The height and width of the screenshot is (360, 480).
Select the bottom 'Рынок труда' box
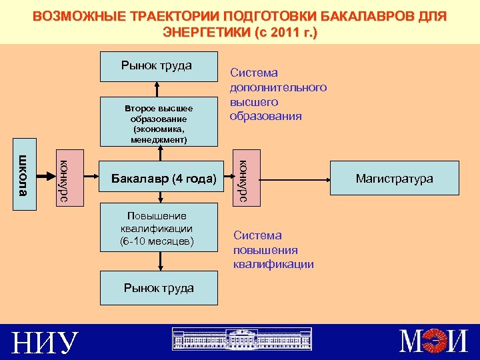pyautogui.click(x=159, y=288)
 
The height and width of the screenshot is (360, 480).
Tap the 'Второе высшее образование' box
pyautogui.click(x=159, y=123)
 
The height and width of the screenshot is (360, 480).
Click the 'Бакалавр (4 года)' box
pyautogui.click(x=163, y=179)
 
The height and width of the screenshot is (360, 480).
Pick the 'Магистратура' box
pyautogui.click(x=394, y=178)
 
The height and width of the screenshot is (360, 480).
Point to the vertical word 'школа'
pyautogui.click(x=24, y=175)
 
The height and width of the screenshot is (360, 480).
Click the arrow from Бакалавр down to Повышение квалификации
pyautogui.click(x=161, y=198)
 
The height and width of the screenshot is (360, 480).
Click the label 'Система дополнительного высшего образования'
pyautogui.click(x=278, y=94)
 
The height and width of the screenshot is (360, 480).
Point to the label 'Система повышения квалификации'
pyautogui.click(x=273, y=249)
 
